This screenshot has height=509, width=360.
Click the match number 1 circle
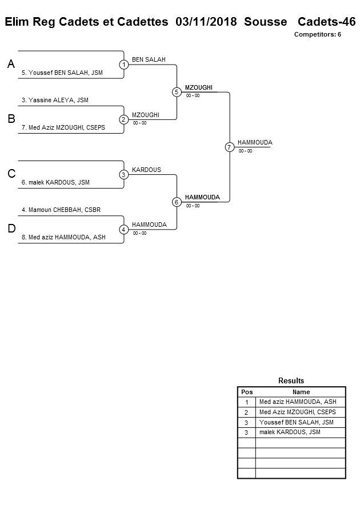[x=123, y=65]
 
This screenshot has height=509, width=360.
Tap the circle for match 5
[x=177, y=92]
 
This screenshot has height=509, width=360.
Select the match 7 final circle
[x=229, y=147]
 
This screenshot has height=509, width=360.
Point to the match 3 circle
[x=123, y=174]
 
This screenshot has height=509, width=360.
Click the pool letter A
[x=11, y=65]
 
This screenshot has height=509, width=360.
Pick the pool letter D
[x=11, y=229]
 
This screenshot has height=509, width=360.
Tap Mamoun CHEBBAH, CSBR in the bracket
[x=61, y=210]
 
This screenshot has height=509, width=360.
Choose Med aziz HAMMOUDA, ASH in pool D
[x=63, y=237]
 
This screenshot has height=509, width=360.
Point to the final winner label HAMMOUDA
[x=255, y=142]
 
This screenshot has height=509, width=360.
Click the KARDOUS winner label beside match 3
[x=146, y=170]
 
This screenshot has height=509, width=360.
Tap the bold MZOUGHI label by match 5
[x=199, y=87]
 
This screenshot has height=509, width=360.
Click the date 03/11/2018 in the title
[x=206, y=22]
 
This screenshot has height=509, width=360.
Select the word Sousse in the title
[x=265, y=22]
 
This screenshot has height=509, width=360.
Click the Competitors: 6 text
[x=317, y=34]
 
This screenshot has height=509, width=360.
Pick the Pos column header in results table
[x=246, y=392]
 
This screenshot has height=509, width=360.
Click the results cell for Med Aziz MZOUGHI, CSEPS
[x=297, y=412]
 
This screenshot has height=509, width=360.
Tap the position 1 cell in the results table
[x=246, y=402]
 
